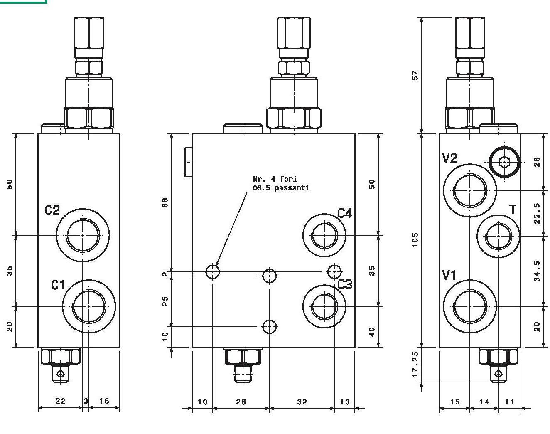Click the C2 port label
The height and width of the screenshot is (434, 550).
[x=52, y=210]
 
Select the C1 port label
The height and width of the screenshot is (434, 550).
[x=58, y=285]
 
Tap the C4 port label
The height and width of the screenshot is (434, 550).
[x=344, y=213]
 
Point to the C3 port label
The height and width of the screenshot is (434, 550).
[x=345, y=284]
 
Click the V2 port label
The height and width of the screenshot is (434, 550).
[x=449, y=158]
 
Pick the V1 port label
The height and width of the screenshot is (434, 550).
[x=449, y=276]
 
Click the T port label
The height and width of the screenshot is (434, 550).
[x=513, y=210]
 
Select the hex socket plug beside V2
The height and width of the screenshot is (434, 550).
[x=504, y=162]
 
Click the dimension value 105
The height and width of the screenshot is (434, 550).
[x=415, y=240]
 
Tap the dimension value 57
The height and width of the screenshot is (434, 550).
[x=415, y=75]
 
